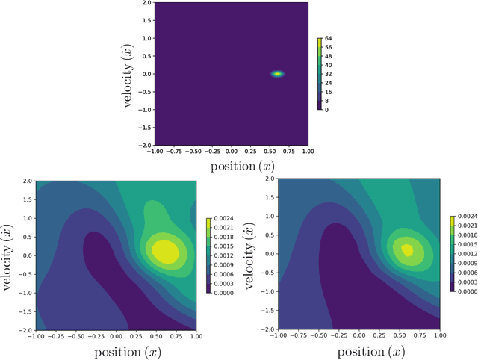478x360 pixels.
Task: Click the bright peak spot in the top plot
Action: tap(278, 74)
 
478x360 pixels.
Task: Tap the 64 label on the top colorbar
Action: tap(329, 38)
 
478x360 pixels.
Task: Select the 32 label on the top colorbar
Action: tap(329, 74)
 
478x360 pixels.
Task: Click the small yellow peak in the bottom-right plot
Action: tap(406, 249)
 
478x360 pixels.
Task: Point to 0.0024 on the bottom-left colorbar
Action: tap(224, 219)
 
